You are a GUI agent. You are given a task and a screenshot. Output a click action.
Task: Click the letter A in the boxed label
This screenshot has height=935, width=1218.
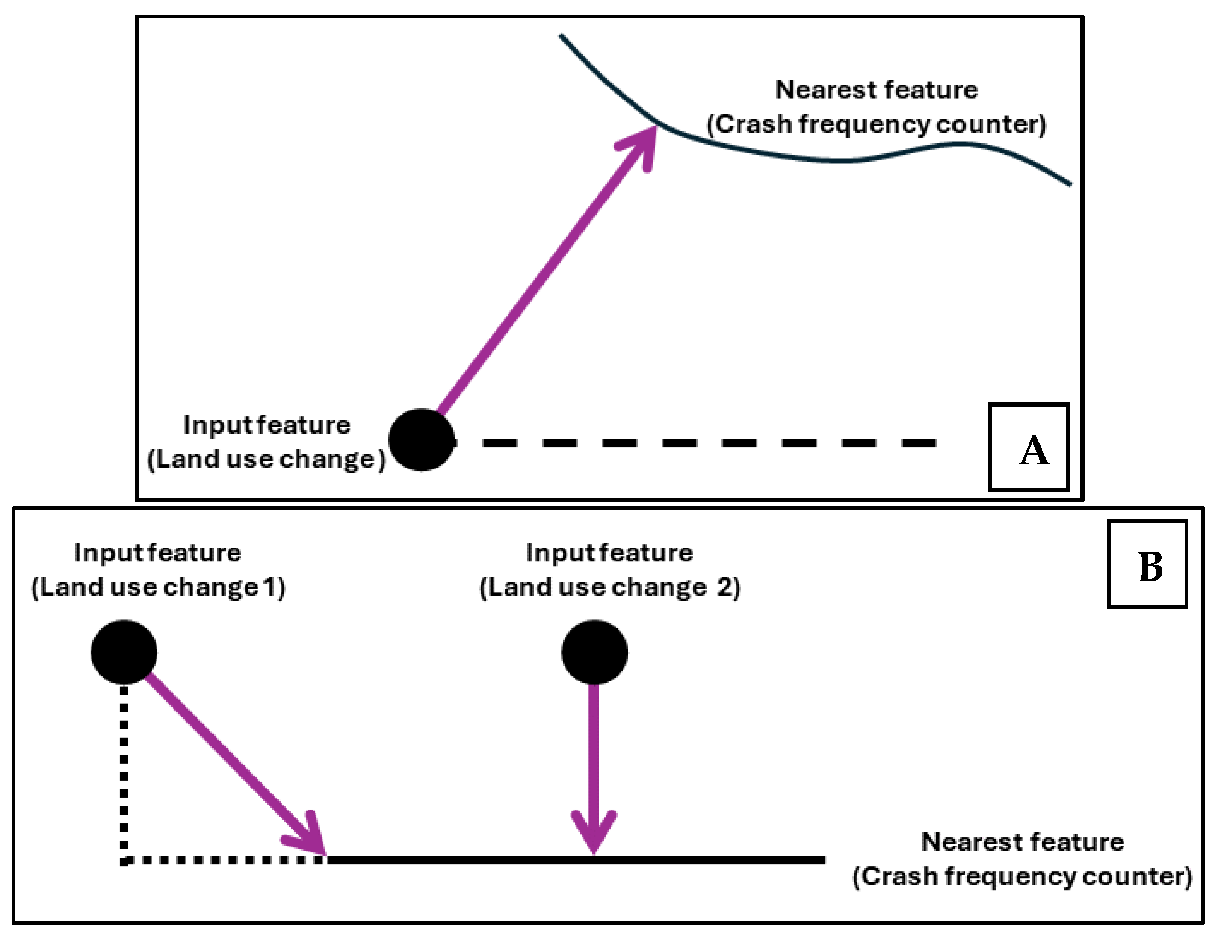pos(1034,451)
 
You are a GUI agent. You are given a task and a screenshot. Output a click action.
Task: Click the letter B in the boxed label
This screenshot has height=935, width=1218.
pos(1150,567)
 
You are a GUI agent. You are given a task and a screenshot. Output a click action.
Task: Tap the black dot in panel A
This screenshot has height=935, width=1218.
pos(421,439)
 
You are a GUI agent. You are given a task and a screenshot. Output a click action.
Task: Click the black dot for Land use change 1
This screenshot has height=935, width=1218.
pos(124,652)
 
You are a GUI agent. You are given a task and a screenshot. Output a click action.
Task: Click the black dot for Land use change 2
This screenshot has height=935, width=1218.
pos(594,652)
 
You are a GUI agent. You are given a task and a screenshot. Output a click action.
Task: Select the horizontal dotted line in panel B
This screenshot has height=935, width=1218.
pos(223,861)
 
